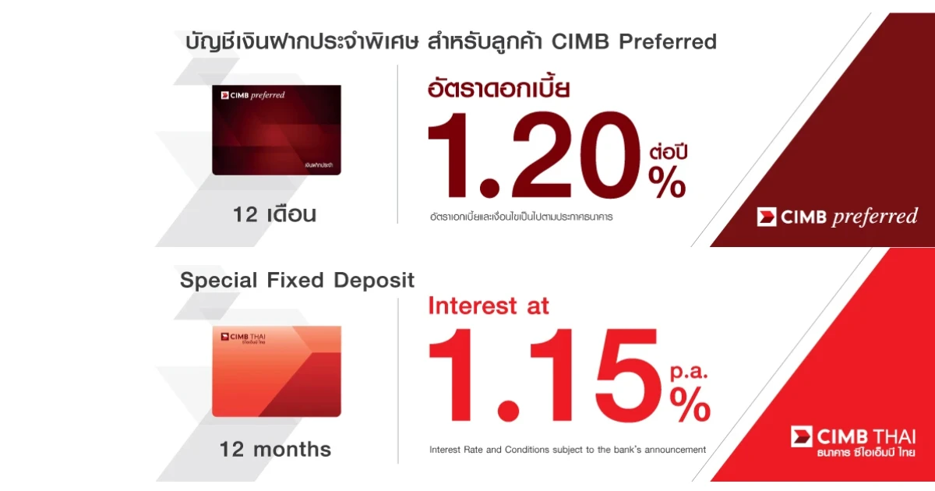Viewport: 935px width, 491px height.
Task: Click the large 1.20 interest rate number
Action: [x=535, y=155]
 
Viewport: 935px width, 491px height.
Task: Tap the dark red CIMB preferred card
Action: [x=277, y=130]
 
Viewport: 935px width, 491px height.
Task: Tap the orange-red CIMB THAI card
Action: [x=277, y=371]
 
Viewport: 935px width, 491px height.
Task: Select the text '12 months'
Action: [x=275, y=449]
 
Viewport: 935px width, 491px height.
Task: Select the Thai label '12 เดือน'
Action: [x=274, y=214]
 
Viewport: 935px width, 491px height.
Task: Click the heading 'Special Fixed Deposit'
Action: [x=297, y=280]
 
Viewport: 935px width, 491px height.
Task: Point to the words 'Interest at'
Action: [x=489, y=306]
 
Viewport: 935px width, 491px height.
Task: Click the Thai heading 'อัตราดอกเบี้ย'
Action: [x=499, y=88]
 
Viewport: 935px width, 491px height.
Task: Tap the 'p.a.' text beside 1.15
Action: [x=689, y=372]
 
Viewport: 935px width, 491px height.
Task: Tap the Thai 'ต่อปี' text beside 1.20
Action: [x=669, y=152]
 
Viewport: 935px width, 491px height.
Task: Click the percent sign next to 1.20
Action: [x=667, y=182]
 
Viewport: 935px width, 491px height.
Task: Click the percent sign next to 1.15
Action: [x=690, y=404]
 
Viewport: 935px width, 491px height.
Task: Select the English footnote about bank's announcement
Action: [x=568, y=450]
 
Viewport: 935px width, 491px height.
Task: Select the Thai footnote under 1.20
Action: [x=521, y=217]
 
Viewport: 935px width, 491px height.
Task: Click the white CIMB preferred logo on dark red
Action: [x=838, y=217]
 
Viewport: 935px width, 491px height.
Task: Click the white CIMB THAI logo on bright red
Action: [x=853, y=442]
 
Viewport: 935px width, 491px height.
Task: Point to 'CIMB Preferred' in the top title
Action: [x=634, y=41]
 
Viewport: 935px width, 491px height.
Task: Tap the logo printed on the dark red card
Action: [x=252, y=95]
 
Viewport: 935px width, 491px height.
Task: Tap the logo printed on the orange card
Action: [x=243, y=337]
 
